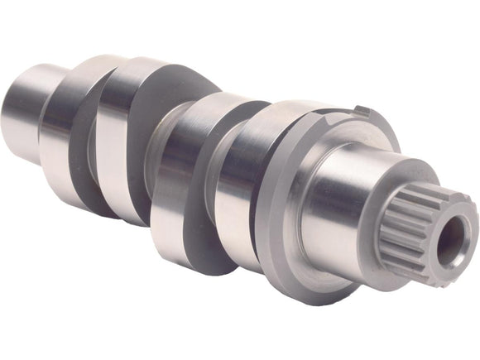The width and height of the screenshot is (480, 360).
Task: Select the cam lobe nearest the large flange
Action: click(x=240, y=190)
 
